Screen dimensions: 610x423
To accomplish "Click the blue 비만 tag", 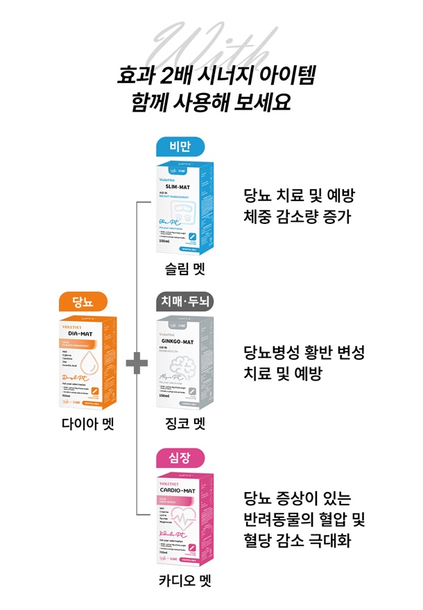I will coord(179,146).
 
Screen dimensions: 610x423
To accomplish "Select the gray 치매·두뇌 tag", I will coord(179,302).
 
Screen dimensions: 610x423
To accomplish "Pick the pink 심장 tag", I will coord(179,458).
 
